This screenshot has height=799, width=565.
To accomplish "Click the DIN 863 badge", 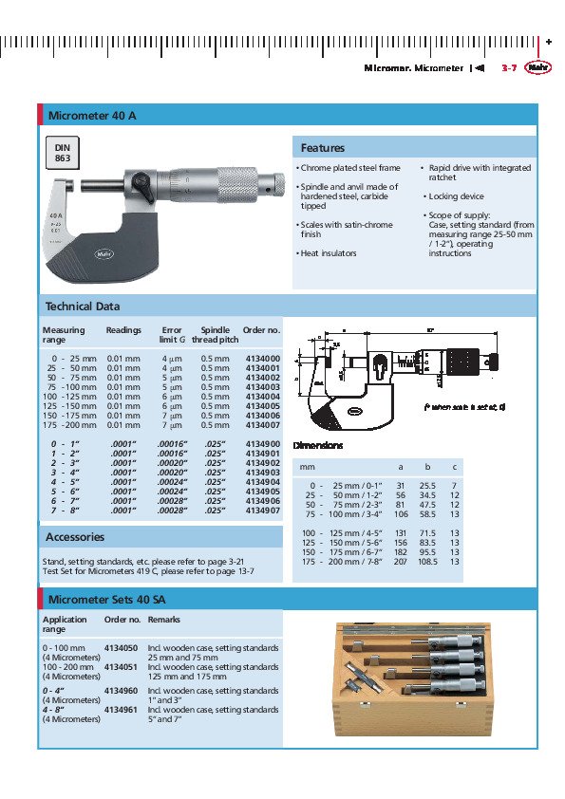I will coord(63,154).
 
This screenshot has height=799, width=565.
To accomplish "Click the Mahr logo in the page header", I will coord(537,67).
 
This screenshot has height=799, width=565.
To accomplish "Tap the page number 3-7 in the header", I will coord(508,68).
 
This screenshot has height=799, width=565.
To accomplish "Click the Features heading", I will coord(323,148).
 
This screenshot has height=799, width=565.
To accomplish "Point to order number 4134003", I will coord(262,387).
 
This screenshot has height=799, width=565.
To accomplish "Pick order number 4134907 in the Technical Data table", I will coord(262,511).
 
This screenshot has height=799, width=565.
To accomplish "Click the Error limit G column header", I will coord(172,335).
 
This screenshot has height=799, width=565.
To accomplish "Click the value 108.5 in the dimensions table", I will coord(427,562).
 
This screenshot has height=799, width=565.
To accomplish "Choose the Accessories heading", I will coord(75,537).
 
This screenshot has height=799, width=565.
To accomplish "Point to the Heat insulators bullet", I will coord(328,253).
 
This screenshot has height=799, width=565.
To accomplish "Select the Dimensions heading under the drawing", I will coord(316,445).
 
